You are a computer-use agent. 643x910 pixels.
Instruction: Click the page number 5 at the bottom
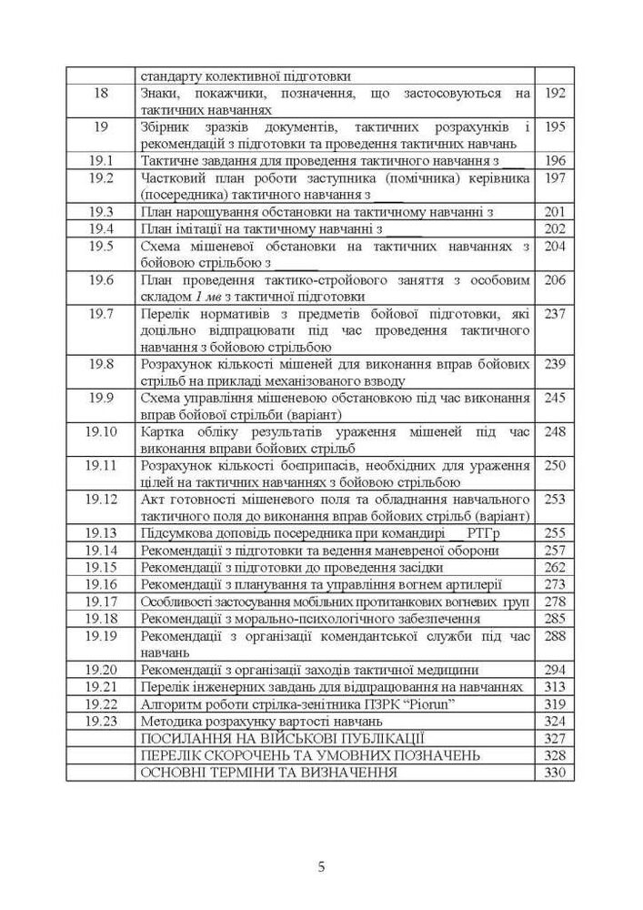point(321,866)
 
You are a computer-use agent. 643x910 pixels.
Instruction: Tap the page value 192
point(555,93)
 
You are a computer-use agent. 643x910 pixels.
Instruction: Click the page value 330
point(555,772)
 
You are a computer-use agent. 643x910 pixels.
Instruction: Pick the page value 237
point(555,314)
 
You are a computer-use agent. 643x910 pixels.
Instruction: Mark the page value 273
point(555,584)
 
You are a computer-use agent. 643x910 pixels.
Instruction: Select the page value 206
point(555,279)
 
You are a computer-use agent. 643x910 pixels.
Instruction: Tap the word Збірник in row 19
point(166,126)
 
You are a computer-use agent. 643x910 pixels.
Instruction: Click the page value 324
point(555,721)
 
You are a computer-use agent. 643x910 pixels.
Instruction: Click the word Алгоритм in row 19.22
point(171,703)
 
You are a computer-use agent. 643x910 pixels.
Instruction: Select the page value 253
point(555,500)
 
